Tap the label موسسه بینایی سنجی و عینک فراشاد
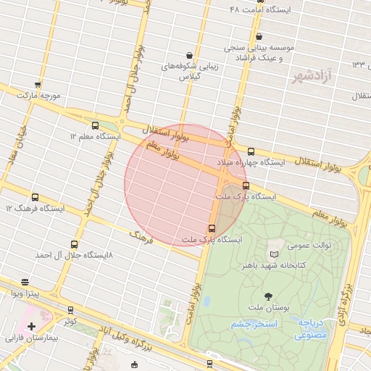click(x=259, y=53)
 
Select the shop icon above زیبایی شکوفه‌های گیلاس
click(x=189, y=55)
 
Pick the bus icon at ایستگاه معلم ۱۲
click(x=96, y=125)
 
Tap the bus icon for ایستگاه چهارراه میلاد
click(x=251, y=151)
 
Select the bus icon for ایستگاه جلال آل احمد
click(x=75, y=245)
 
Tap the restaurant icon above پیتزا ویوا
click(x=25, y=282)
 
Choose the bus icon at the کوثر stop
click(x=70, y=310)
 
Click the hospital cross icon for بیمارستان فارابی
click(x=31, y=327)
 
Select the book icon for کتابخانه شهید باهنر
click(x=273, y=254)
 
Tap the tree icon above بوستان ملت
click(x=268, y=296)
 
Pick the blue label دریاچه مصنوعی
click(x=312, y=330)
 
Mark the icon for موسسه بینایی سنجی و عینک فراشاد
click(x=259, y=36)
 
